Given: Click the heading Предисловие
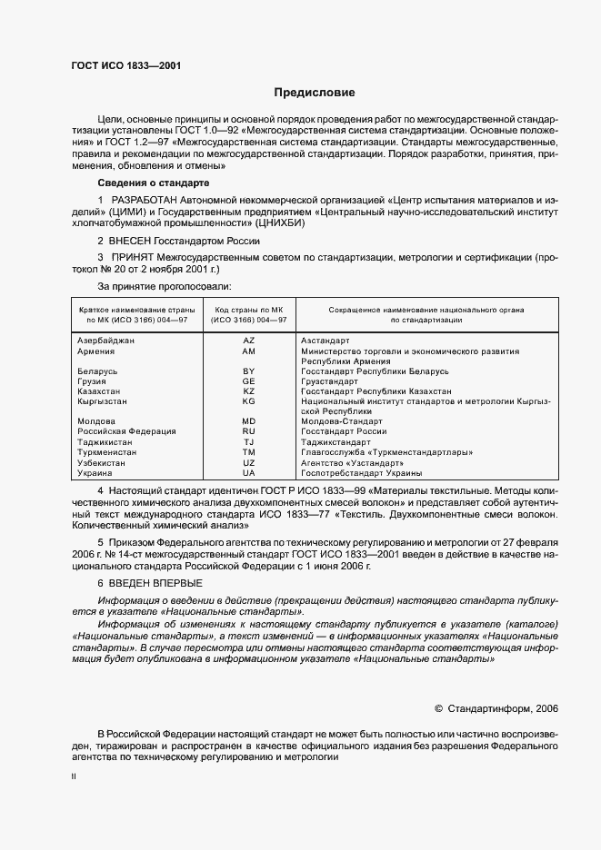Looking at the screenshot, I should click(316, 93).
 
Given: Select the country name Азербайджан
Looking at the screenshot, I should click(106, 341).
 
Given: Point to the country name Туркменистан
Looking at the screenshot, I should click(108, 452).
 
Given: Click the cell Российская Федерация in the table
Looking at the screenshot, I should click(127, 431).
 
